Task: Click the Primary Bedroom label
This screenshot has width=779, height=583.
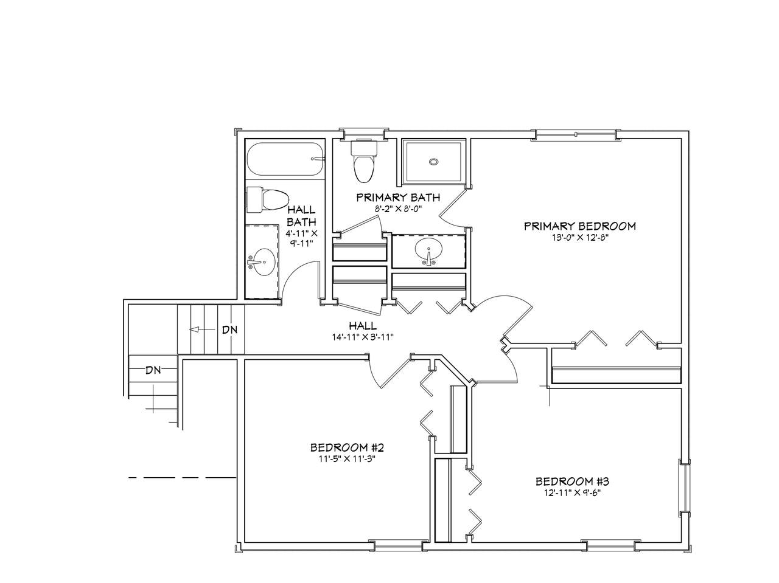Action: point(580,226)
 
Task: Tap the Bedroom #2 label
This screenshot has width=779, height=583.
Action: point(347,447)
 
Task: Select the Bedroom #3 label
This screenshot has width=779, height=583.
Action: point(572,481)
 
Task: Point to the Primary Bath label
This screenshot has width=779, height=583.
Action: point(398,197)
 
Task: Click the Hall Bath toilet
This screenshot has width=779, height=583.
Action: point(267,200)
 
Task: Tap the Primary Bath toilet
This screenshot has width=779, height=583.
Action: point(363,161)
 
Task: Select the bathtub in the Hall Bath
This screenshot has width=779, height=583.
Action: point(285,159)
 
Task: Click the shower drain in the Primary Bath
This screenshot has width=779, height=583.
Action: point(433,162)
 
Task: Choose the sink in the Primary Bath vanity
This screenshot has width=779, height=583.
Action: point(428,251)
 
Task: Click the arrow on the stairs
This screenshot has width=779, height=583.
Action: point(202,329)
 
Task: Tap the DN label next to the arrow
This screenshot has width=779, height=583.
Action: point(229,329)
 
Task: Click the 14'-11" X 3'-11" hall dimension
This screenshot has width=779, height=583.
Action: point(363,337)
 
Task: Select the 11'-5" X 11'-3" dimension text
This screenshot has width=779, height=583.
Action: point(347,459)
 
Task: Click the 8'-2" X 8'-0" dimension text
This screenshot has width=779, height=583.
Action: point(398,209)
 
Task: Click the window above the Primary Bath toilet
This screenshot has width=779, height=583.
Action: point(363,134)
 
